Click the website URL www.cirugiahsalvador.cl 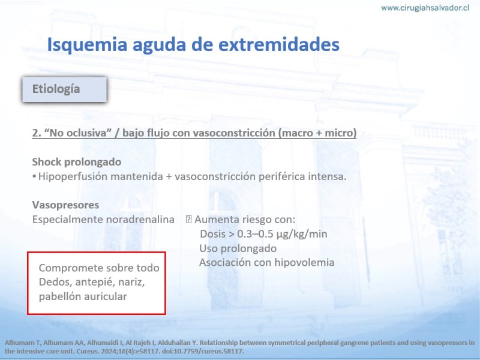pyautogui.click(x=425, y=8)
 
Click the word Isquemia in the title pyautogui.click(x=87, y=44)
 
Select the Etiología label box pyautogui.click(x=64, y=89)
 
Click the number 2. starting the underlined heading pyautogui.click(x=37, y=133)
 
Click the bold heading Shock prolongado pyautogui.click(x=77, y=162)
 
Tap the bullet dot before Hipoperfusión pyautogui.click(x=34, y=176)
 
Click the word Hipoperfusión pyautogui.click(x=73, y=177)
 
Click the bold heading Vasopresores pyautogui.click(x=65, y=205)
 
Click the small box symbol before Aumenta pyautogui.click(x=188, y=220)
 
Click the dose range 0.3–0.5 pyautogui.click(x=255, y=234)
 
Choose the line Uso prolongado pyautogui.click(x=238, y=248)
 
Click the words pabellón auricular pyautogui.click(x=83, y=296)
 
